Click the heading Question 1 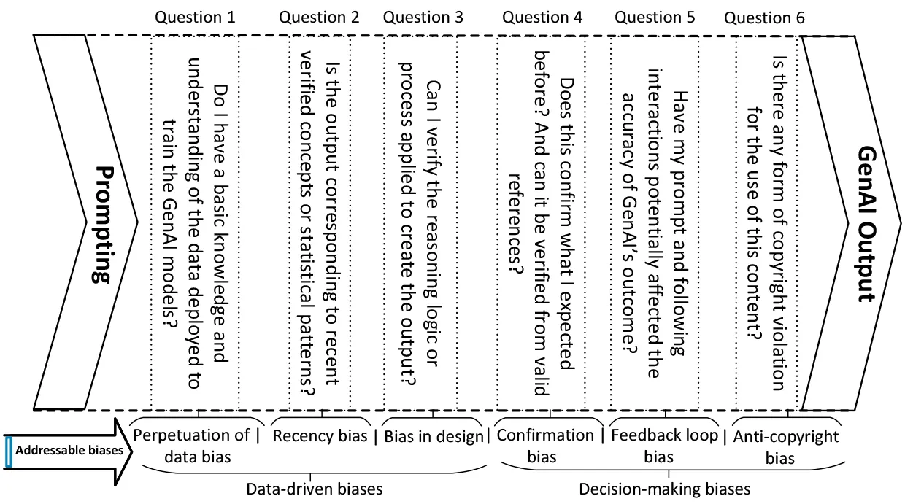(195, 18)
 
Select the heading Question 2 (319, 18)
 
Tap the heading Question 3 (423, 18)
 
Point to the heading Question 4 (542, 18)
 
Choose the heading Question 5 (655, 18)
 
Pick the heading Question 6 (764, 18)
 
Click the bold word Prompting (104, 225)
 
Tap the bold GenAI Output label (866, 224)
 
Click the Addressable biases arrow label (69, 450)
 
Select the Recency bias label (320, 435)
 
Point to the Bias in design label (434, 436)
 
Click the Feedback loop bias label (664, 446)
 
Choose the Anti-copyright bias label (785, 447)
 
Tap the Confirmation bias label (545, 446)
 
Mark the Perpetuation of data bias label (191, 446)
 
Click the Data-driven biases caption (315, 489)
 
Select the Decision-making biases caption (665, 489)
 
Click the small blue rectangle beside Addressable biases (9, 452)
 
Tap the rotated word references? (515, 225)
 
